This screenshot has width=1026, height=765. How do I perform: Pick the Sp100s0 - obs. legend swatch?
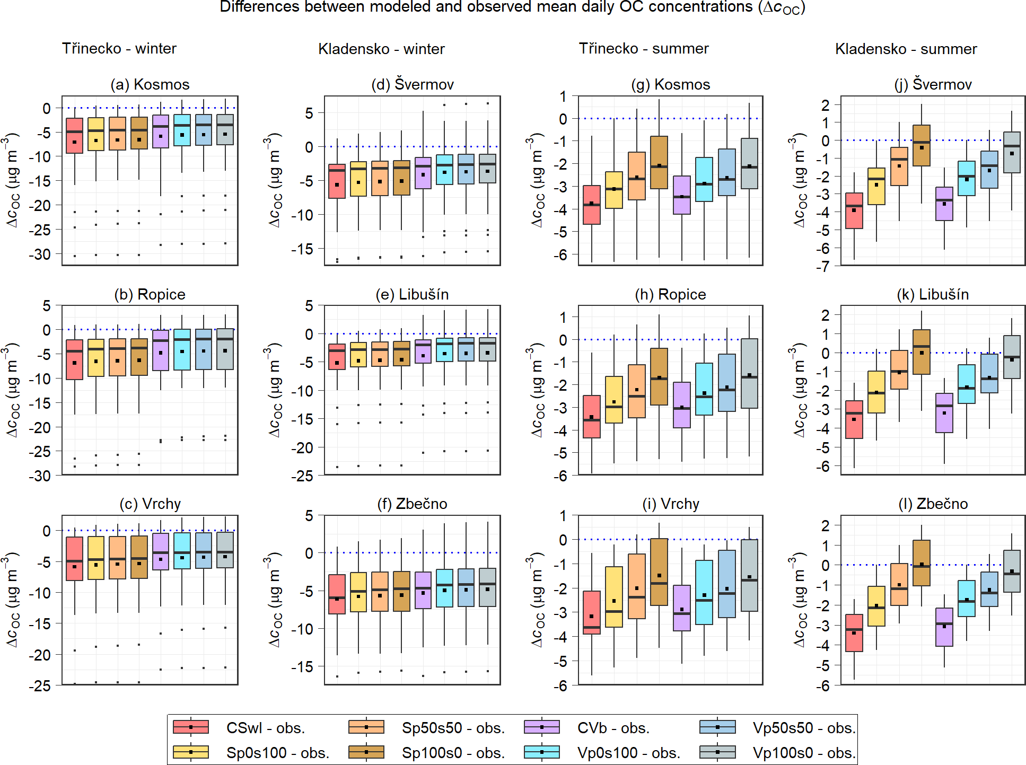click(366, 752)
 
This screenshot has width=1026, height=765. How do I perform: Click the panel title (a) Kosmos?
click(150, 84)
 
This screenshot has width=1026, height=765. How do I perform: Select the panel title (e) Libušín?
click(412, 294)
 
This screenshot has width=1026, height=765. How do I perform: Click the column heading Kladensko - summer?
click(906, 49)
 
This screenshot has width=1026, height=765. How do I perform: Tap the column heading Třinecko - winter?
click(119, 48)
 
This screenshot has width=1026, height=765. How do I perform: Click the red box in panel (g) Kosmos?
click(591, 205)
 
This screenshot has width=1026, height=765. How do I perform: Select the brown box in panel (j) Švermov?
click(922, 146)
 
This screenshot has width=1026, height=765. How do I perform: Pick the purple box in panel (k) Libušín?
click(944, 412)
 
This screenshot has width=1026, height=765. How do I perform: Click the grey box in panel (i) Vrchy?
click(749, 575)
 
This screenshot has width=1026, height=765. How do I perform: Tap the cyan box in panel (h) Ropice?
click(704, 389)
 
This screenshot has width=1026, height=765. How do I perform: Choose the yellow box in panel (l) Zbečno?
click(876, 606)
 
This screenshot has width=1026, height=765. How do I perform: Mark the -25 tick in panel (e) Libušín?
click(302, 476)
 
